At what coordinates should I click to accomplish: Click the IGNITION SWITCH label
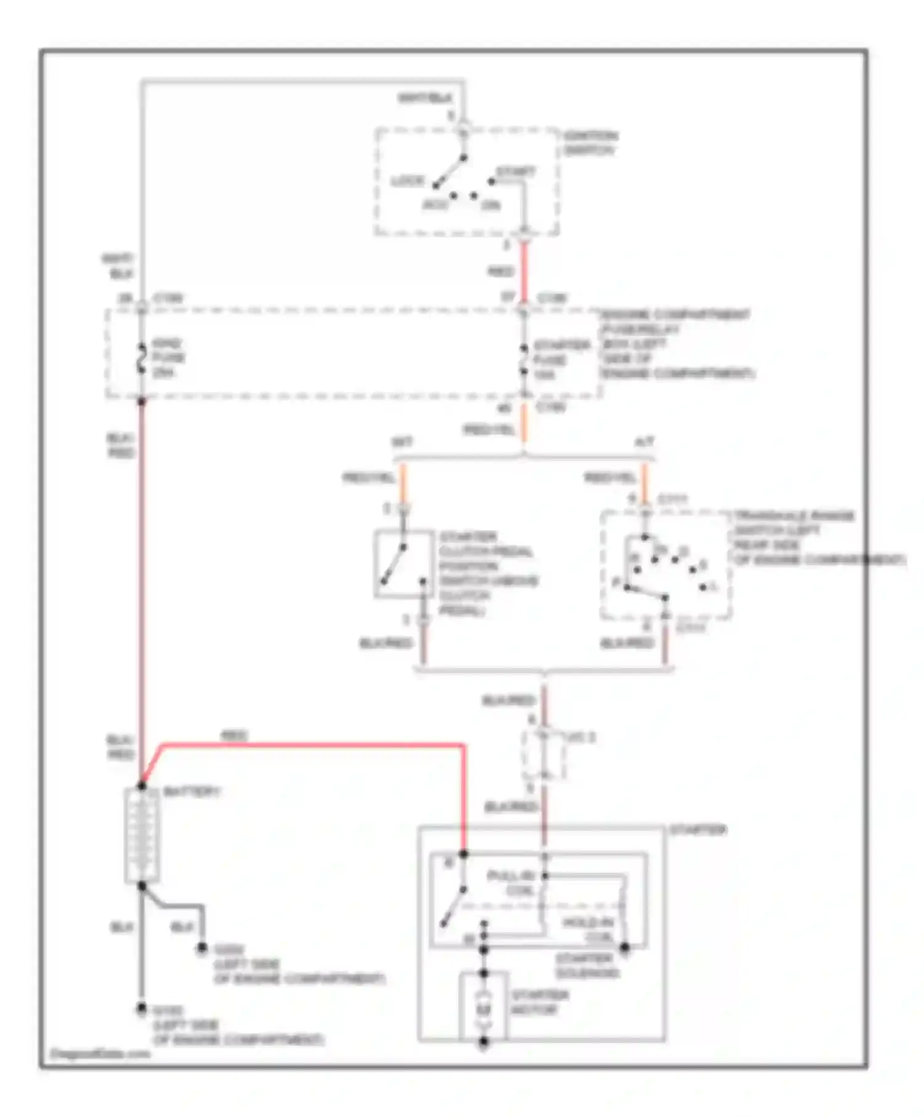click(590, 142)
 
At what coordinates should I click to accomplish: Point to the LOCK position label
click(408, 181)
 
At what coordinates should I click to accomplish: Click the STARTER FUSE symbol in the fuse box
click(523, 360)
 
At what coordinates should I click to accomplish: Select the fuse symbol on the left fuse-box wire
click(141, 359)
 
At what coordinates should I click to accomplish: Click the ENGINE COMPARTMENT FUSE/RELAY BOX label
click(676, 344)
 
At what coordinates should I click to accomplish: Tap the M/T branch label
click(402, 442)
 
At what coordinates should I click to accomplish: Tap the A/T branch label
click(644, 442)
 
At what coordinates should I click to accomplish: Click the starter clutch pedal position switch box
click(403, 563)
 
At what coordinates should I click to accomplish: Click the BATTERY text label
click(191, 792)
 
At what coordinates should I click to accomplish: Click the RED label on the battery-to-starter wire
click(233, 736)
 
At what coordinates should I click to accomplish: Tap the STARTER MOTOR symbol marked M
click(484, 1009)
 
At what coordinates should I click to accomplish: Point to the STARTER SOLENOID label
click(586, 966)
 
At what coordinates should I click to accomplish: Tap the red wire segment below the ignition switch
click(524, 271)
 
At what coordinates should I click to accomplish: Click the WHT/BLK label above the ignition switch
click(424, 97)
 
